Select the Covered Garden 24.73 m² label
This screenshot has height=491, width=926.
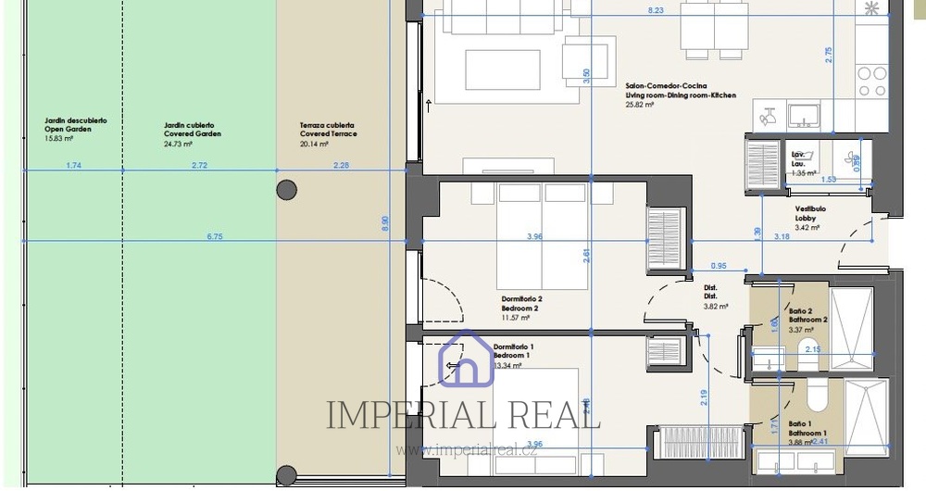coord(192,134)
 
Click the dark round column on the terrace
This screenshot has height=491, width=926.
coord(287,191)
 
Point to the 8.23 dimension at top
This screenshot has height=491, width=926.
coord(656,10)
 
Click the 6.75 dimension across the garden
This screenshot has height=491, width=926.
coord(214,237)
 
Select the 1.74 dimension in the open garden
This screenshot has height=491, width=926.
coord(74,166)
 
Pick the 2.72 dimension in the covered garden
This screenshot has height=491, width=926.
coord(198,166)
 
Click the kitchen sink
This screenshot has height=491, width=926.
coord(803,116)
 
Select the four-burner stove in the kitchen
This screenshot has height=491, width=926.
coord(872,81)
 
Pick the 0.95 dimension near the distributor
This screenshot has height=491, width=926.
coord(719,266)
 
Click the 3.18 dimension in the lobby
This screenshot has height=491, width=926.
coord(782,237)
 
